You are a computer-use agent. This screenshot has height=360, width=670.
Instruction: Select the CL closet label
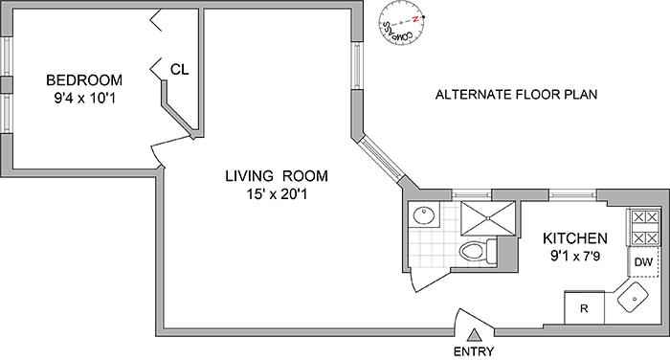(179, 69)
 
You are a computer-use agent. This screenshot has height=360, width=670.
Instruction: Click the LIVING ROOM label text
(277, 176)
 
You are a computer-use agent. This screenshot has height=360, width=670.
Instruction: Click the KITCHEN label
(575, 237)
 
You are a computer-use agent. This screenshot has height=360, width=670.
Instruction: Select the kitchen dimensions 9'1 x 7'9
(574, 256)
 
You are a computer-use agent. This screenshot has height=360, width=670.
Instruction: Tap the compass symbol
(401, 26)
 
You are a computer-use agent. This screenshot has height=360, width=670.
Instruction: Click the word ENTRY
(475, 351)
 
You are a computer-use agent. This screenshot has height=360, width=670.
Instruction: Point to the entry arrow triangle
(475, 334)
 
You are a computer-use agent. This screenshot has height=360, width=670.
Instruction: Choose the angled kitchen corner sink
(636, 302)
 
